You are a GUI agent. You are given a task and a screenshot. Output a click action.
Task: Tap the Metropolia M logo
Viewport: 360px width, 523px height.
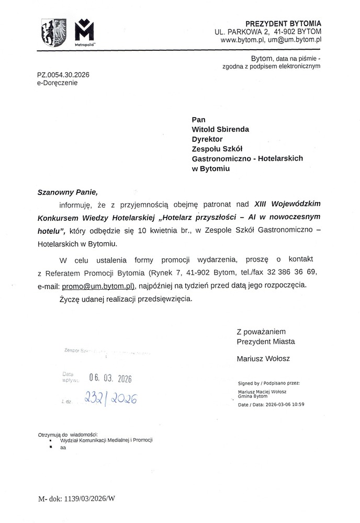[x=84, y=32]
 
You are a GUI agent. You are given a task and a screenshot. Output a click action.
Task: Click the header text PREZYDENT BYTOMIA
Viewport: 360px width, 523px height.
[x=284, y=24]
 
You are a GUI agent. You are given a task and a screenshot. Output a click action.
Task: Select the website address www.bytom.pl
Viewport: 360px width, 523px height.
[x=242, y=39]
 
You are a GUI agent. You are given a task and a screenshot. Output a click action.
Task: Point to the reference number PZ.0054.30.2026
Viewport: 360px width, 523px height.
[x=63, y=75]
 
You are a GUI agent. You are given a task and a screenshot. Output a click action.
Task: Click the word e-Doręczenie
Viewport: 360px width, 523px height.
[x=57, y=83]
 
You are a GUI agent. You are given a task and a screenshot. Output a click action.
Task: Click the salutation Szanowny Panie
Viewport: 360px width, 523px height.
[x=68, y=192]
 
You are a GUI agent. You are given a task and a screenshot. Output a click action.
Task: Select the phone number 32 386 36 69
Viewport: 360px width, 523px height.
[x=297, y=272]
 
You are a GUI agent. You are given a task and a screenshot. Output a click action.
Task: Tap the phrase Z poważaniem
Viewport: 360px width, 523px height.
[x=261, y=331]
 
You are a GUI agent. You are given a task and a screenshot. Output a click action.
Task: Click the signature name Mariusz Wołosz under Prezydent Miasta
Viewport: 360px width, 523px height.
[x=263, y=359]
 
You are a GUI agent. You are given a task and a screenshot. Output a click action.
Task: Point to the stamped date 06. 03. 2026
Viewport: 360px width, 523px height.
[x=110, y=378]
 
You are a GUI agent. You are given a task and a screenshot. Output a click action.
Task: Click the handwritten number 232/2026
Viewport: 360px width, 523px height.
[x=110, y=400]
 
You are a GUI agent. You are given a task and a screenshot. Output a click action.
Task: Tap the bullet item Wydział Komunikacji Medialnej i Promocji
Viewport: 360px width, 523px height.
[x=106, y=440]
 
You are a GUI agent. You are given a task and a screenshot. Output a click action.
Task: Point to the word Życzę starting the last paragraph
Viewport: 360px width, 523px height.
[x=68, y=300]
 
